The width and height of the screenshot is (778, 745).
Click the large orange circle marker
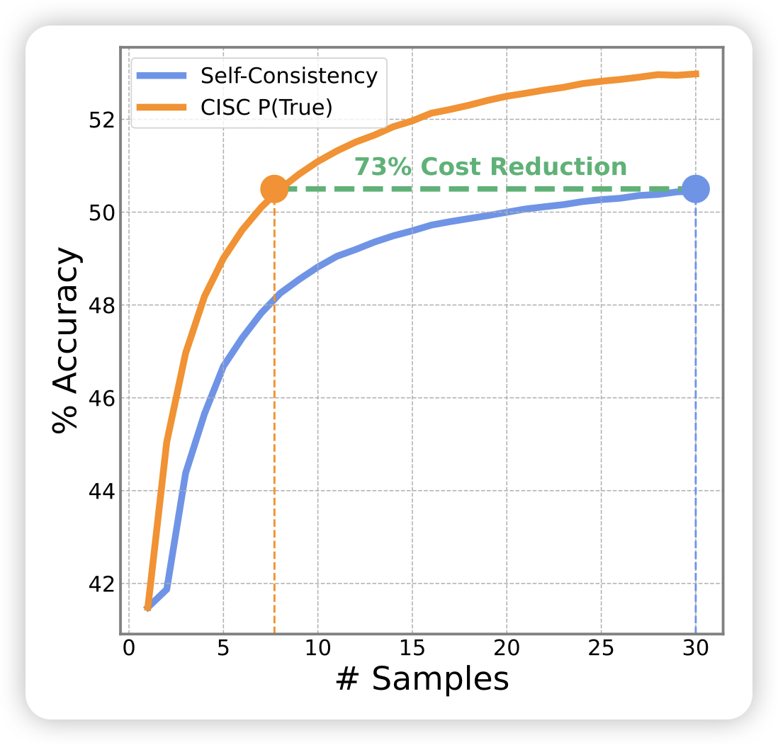click(x=274, y=188)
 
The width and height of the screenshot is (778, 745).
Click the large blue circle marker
click(x=696, y=189)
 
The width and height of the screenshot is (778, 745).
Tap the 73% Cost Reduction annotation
click(x=490, y=167)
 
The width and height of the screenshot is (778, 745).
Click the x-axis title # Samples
click(x=422, y=679)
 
